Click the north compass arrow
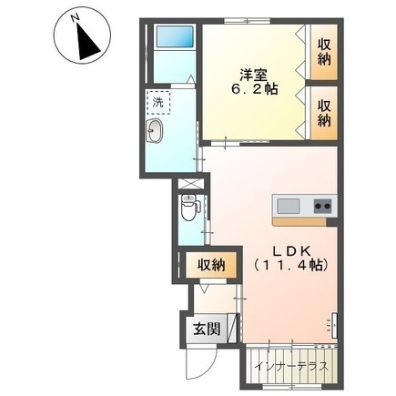tap(86, 40)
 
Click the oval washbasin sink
tap(154, 135)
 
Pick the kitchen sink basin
tap(289, 204)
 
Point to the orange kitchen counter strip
tap(304, 220)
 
